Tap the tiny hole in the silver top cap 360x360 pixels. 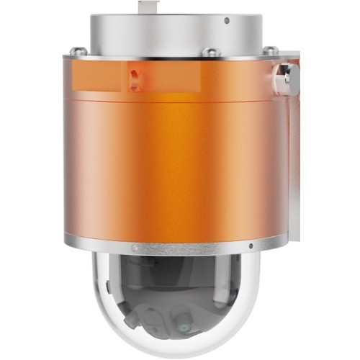tap(227, 21)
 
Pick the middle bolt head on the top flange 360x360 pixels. tap(210, 52)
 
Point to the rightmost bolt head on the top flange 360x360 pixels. tap(271, 50)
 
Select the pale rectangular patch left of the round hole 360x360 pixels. tap(97, 78)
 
